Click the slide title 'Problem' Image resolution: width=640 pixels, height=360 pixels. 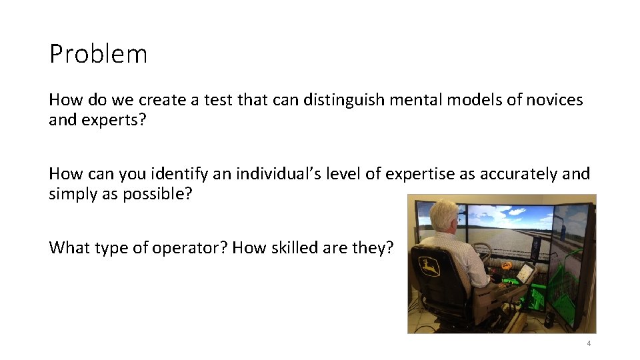(x=98, y=54)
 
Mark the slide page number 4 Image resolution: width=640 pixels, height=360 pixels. (x=589, y=343)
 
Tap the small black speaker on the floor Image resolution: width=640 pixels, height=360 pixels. (x=548, y=321)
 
